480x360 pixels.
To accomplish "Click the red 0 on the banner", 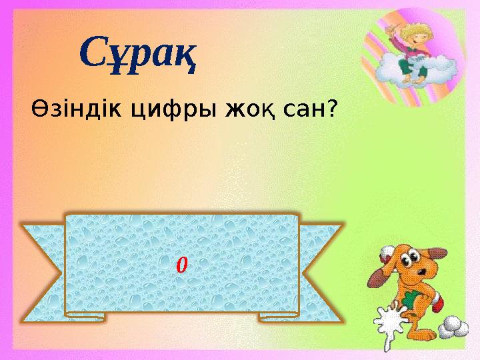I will tap(181, 266).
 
